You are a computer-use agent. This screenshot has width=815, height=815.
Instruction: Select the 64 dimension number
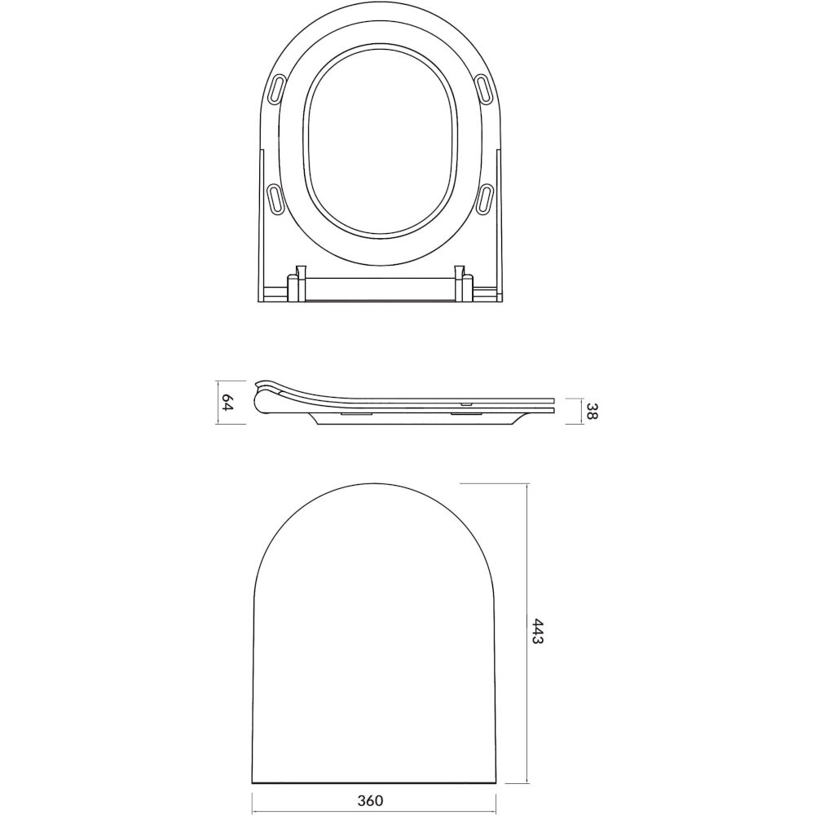227,403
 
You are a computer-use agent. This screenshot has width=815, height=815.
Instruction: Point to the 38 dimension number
592,411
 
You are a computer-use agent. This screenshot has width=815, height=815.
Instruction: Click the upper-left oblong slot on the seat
278,88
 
